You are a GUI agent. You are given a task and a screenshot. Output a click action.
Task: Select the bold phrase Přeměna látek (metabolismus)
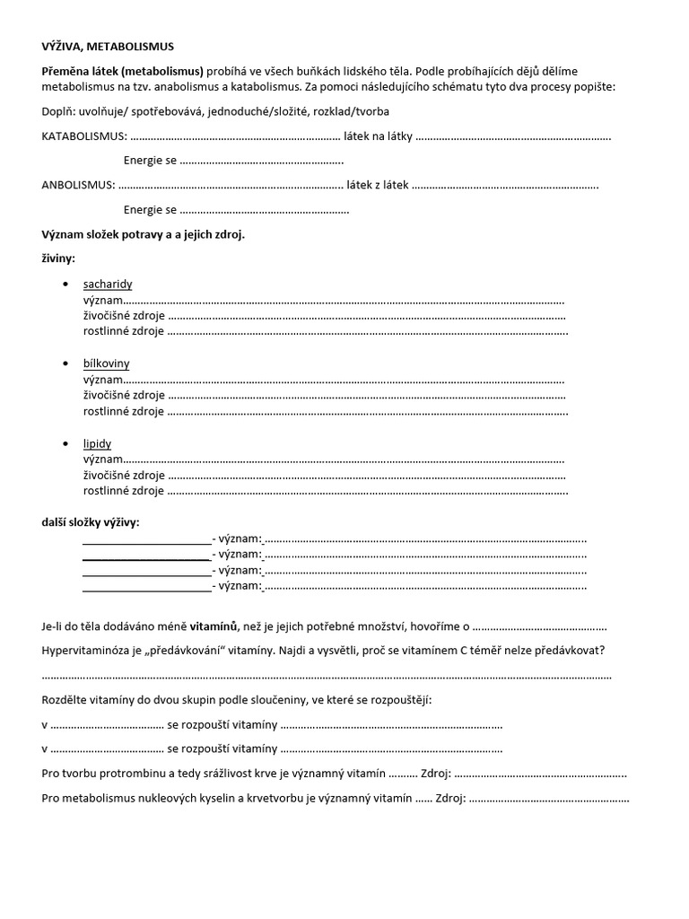[x=123, y=71]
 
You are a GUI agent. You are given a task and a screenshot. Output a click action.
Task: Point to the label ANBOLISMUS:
[x=78, y=185]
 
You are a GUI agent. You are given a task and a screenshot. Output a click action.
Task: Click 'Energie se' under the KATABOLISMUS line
[x=150, y=161]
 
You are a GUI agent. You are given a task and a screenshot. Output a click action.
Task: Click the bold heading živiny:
[x=59, y=258]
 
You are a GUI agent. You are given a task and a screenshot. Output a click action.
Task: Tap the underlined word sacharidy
[x=108, y=284]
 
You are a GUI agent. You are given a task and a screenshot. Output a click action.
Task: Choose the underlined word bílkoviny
[x=106, y=363]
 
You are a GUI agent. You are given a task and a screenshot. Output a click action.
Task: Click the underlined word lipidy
[x=97, y=443]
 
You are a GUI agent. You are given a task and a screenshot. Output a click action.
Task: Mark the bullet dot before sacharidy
[x=66, y=284]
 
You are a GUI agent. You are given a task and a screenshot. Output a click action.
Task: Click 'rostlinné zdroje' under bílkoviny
[x=123, y=412]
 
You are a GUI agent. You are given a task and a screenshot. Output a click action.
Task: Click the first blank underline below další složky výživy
[x=146, y=539]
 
